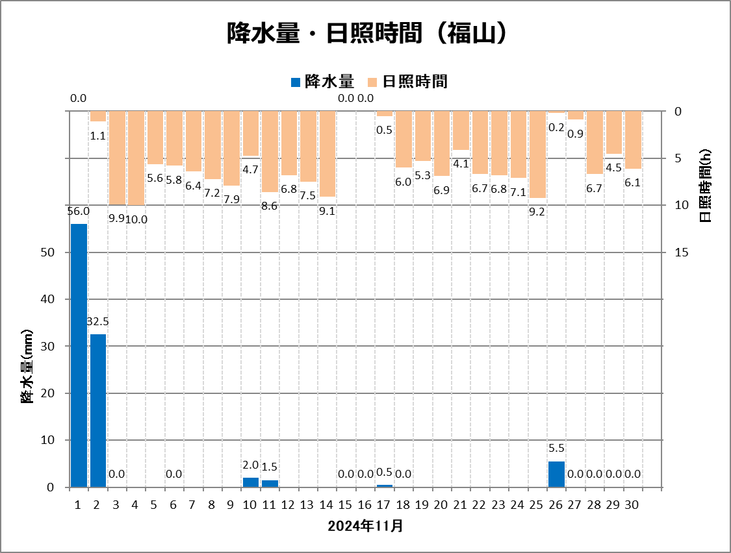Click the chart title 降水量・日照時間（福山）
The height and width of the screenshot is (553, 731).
click(366, 34)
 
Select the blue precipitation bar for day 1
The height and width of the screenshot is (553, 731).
click(79, 355)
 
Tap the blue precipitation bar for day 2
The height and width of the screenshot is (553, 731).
click(98, 410)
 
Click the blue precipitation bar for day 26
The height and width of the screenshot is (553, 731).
click(556, 474)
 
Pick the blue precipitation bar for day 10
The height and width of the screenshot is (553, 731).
click(251, 482)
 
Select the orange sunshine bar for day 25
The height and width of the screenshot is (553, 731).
click(537, 154)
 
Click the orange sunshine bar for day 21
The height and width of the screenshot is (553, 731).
click(461, 130)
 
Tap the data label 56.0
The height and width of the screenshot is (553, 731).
click(79, 211)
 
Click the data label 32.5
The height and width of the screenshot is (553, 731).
click(98, 321)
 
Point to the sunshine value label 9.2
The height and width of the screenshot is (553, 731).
click(537, 211)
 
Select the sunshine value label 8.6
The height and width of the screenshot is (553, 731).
click(270, 205)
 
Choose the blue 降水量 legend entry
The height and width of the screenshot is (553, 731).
click(322, 82)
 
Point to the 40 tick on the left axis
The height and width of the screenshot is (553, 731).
click(51, 299)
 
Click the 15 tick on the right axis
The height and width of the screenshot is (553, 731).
click(682, 252)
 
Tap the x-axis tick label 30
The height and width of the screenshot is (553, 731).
click(633, 505)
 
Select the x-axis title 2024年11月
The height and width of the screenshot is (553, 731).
click(365, 526)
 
